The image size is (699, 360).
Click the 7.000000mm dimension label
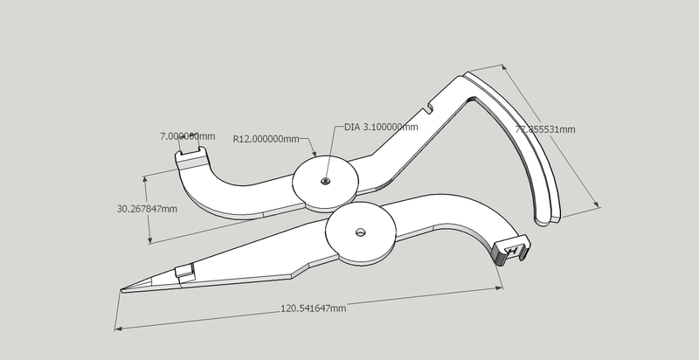[x=187, y=137]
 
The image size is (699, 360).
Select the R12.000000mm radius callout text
[x=266, y=138]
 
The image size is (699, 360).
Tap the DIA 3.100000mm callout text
[x=381, y=127]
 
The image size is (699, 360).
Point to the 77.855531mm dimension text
[x=545, y=129]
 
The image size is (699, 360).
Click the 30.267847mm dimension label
[x=147, y=209]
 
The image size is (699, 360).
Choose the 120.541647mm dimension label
[x=313, y=308]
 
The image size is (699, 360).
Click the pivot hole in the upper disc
[x=325, y=181]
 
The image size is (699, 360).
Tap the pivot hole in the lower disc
[x=361, y=232]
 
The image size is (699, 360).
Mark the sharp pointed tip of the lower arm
[x=122, y=290]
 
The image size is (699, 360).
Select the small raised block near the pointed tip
[x=183, y=273]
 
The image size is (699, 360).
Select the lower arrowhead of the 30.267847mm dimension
[x=150, y=242]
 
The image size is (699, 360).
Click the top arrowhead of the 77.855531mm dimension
[x=506, y=64]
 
